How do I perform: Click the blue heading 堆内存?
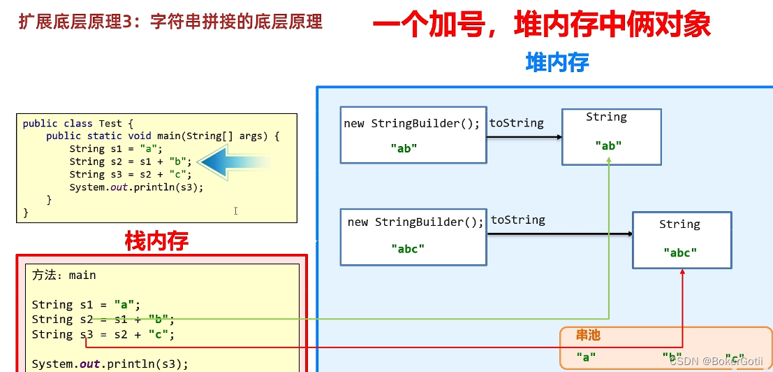557,63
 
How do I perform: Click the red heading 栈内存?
156,241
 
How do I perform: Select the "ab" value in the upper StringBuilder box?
404,148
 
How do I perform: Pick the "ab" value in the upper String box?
608,145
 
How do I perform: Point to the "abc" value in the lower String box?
679,253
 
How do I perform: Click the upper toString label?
516,123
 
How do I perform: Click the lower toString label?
517,220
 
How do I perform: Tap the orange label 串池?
587,336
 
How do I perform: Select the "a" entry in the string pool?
586,357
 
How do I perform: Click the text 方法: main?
64,276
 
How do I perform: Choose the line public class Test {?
78,124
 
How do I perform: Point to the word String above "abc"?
679,224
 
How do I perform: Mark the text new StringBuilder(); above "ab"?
411,124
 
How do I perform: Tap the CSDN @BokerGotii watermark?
716,362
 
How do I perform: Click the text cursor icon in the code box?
236,210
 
